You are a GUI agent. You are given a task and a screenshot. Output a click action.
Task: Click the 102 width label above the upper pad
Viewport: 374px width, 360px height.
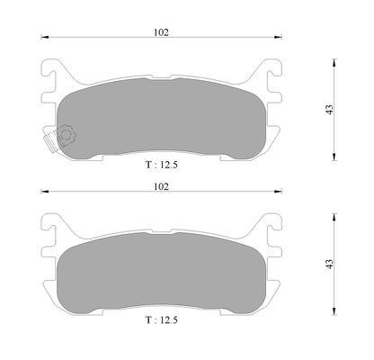161,32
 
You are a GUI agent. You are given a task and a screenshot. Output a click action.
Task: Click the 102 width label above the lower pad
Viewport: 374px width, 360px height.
161,186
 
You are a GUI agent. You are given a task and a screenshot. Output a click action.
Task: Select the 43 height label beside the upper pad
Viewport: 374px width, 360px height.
329,110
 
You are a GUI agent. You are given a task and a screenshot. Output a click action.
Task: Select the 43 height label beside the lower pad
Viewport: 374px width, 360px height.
329,264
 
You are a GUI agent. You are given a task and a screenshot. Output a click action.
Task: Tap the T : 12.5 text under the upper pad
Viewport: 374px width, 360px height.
162,165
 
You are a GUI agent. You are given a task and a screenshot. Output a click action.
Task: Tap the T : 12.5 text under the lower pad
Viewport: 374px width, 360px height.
162,320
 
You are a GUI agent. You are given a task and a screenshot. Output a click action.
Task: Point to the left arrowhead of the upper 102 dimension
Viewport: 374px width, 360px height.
45,37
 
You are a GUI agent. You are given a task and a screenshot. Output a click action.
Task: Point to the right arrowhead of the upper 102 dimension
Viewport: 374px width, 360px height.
278,37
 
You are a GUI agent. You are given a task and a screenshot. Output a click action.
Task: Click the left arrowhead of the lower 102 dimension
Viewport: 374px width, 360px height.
45,192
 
